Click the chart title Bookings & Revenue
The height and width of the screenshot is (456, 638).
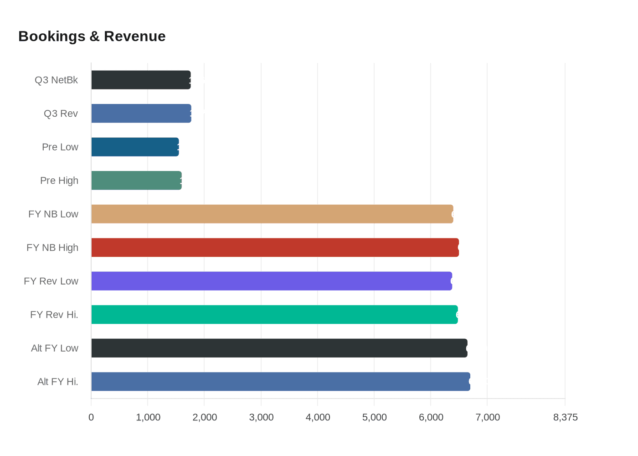coord(92,36)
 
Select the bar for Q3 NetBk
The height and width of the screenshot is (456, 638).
coord(141,80)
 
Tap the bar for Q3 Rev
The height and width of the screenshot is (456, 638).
coord(141,114)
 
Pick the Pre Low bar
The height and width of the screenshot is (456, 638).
coord(135,147)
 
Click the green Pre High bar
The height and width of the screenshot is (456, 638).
coord(136,181)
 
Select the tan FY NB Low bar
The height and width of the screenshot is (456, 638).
coord(272,214)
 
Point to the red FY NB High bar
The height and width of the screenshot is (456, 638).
coord(275,248)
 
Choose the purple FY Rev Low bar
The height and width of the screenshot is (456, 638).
coord(272,281)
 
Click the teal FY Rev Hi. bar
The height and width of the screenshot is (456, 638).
coord(274,315)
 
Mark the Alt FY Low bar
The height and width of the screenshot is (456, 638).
coord(279,348)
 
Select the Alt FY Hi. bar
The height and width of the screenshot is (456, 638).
coord(281,382)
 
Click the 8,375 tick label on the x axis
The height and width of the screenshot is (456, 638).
coord(565,417)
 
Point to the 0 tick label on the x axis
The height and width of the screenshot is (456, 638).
coord(91,417)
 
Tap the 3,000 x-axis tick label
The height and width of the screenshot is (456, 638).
coord(261,417)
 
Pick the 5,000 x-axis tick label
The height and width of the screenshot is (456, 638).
coord(374,417)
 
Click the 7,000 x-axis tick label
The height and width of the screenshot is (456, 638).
coord(488,417)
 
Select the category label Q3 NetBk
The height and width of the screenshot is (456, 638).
coord(56,80)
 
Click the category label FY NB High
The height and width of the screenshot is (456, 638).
coord(52,248)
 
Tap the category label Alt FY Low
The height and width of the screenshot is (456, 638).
coord(54,348)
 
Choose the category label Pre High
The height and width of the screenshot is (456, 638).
coord(59,181)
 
